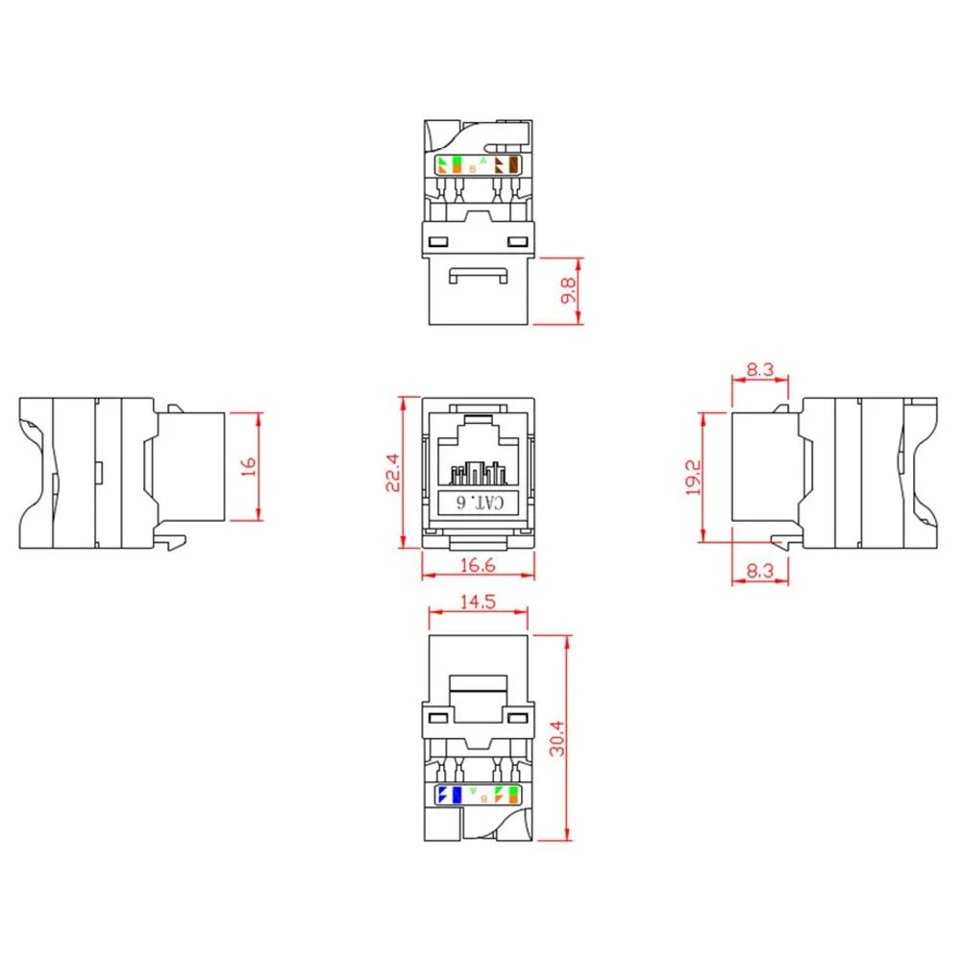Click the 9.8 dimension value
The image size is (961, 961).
tap(571, 291)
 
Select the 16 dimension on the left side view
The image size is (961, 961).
tap(249, 466)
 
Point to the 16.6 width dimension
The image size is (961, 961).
tap(478, 566)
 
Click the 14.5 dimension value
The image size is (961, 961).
tap(478, 602)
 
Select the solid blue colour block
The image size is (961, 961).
tap(456, 795)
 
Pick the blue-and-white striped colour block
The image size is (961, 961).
tap(442, 795)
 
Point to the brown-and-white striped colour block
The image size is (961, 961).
tap(500, 164)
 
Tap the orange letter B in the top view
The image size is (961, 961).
tap(472, 168)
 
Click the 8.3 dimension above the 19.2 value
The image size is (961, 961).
tap(759, 368)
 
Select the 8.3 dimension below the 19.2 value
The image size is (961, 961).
tap(759, 571)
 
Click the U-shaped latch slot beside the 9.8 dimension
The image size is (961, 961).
tap(478, 278)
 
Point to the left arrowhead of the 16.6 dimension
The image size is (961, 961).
tap(427, 578)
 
